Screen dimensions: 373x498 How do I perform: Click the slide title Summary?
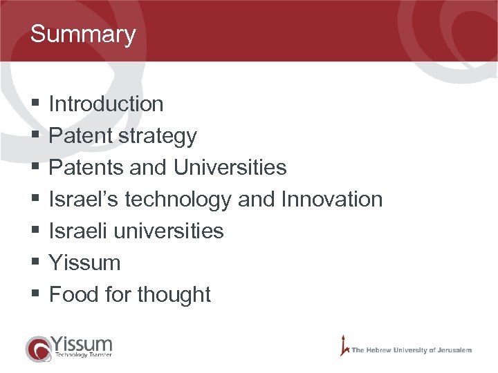coord(83,34)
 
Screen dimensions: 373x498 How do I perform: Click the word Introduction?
coord(106,104)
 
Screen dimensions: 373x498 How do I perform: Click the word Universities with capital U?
coord(230,168)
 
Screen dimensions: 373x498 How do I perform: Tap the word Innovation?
coord(331,200)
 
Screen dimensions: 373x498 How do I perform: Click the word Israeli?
coord(78,231)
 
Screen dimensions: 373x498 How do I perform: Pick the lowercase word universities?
coord(169,231)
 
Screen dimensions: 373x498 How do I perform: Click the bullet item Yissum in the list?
coord(84,262)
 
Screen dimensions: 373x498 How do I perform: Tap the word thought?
coord(174,294)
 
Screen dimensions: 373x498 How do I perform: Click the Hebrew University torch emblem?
coord(343,346)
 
